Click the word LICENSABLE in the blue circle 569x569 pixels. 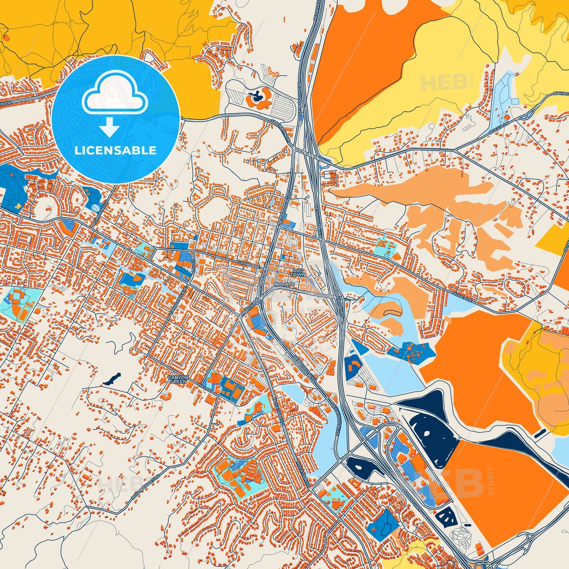[116, 150]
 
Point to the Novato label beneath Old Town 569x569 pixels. [285, 284]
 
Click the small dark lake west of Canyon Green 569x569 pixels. [111, 379]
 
